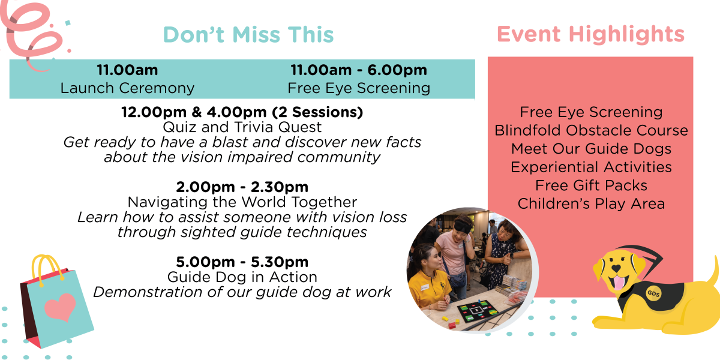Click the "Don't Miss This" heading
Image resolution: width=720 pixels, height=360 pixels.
[x=248, y=34]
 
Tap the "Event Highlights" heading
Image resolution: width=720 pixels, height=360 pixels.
[x=591, y=34]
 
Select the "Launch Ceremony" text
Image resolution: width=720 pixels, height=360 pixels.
[x=127, y=88]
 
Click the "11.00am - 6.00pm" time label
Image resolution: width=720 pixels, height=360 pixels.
[x=359, y=70]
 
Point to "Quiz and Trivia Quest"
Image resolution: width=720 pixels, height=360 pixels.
[x=242, y=127]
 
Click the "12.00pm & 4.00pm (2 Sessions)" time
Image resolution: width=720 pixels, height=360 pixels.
[x=242, y=112]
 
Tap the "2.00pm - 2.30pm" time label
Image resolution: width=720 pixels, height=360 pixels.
[x=242, y=187]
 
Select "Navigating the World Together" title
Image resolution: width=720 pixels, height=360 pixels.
[x=242, y=202]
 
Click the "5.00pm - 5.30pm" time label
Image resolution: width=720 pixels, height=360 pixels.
[x=242, y=262]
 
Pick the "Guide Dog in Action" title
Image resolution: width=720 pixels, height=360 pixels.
[x=242, y=277]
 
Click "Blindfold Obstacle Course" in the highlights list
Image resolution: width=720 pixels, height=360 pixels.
[x=591, y=131]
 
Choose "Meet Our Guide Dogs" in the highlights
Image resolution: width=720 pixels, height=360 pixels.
[x=591, y=149]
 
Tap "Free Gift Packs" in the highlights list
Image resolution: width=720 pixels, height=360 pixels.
[x=591, y=185]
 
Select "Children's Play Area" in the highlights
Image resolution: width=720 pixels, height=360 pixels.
[x=591, y=204]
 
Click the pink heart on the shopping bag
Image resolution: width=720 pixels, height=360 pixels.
[x=60, y=307]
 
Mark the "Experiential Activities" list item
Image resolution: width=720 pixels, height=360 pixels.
[x=591, y=167]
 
